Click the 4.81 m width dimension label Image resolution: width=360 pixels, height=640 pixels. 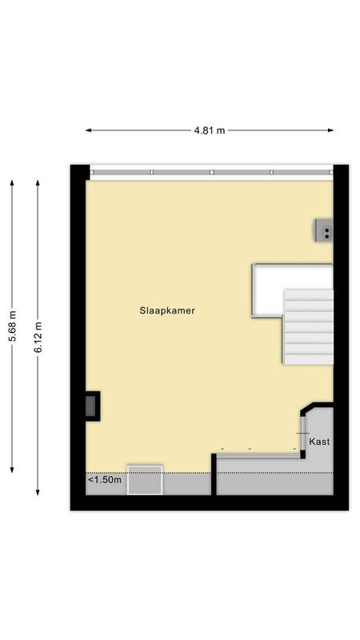click(x=210, y=130)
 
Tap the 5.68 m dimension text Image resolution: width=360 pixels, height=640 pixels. click(x=12, y=326)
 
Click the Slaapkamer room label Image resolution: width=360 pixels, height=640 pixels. click(x=166, y=310)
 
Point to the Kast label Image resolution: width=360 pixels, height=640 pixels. click(x=319, y=442)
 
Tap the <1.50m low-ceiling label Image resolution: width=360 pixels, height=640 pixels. click(x=105, y=480)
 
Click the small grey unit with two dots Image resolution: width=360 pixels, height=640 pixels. click(x=324, y=230)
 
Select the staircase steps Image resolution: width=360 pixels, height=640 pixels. click(x=309, y=326)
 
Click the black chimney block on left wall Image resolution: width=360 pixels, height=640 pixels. click(x=93, y=406)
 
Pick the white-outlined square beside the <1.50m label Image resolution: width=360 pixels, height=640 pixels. click(x=145, y=480)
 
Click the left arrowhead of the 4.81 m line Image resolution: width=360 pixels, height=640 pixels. click(x=88, y=130)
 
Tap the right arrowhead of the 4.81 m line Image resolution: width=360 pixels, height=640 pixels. click(x=331, y=130)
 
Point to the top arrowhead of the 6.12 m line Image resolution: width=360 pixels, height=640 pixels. click(x=38, y=182)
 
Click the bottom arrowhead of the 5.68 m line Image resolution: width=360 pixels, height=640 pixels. click(x=12, y=470)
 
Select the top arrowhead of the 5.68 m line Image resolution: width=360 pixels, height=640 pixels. click(x=12, y=182)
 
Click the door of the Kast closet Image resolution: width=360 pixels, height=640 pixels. click(x=302, y=433)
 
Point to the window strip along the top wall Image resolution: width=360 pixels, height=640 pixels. click(x=210, y=172)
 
